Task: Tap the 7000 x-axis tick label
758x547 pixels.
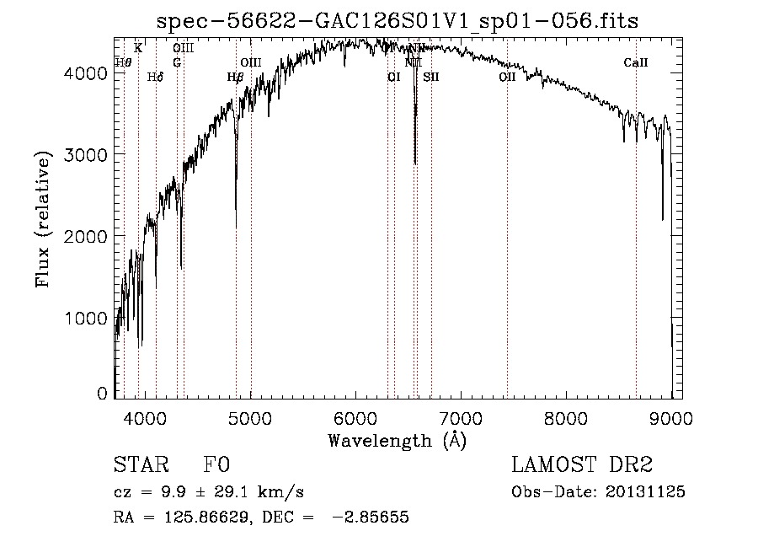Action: (x=461, y=417)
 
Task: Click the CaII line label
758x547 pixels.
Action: (x=635, y=62)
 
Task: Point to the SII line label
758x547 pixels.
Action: (x=430, y=77)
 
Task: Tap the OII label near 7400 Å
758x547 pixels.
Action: (x=506, y=77)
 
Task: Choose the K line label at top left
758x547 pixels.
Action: (x=138, y=48)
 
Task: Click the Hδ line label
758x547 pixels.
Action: (x=155, y=77)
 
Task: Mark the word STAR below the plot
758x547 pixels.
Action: (x=138, y=465)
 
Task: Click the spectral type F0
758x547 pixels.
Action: (x=216, y=465)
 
